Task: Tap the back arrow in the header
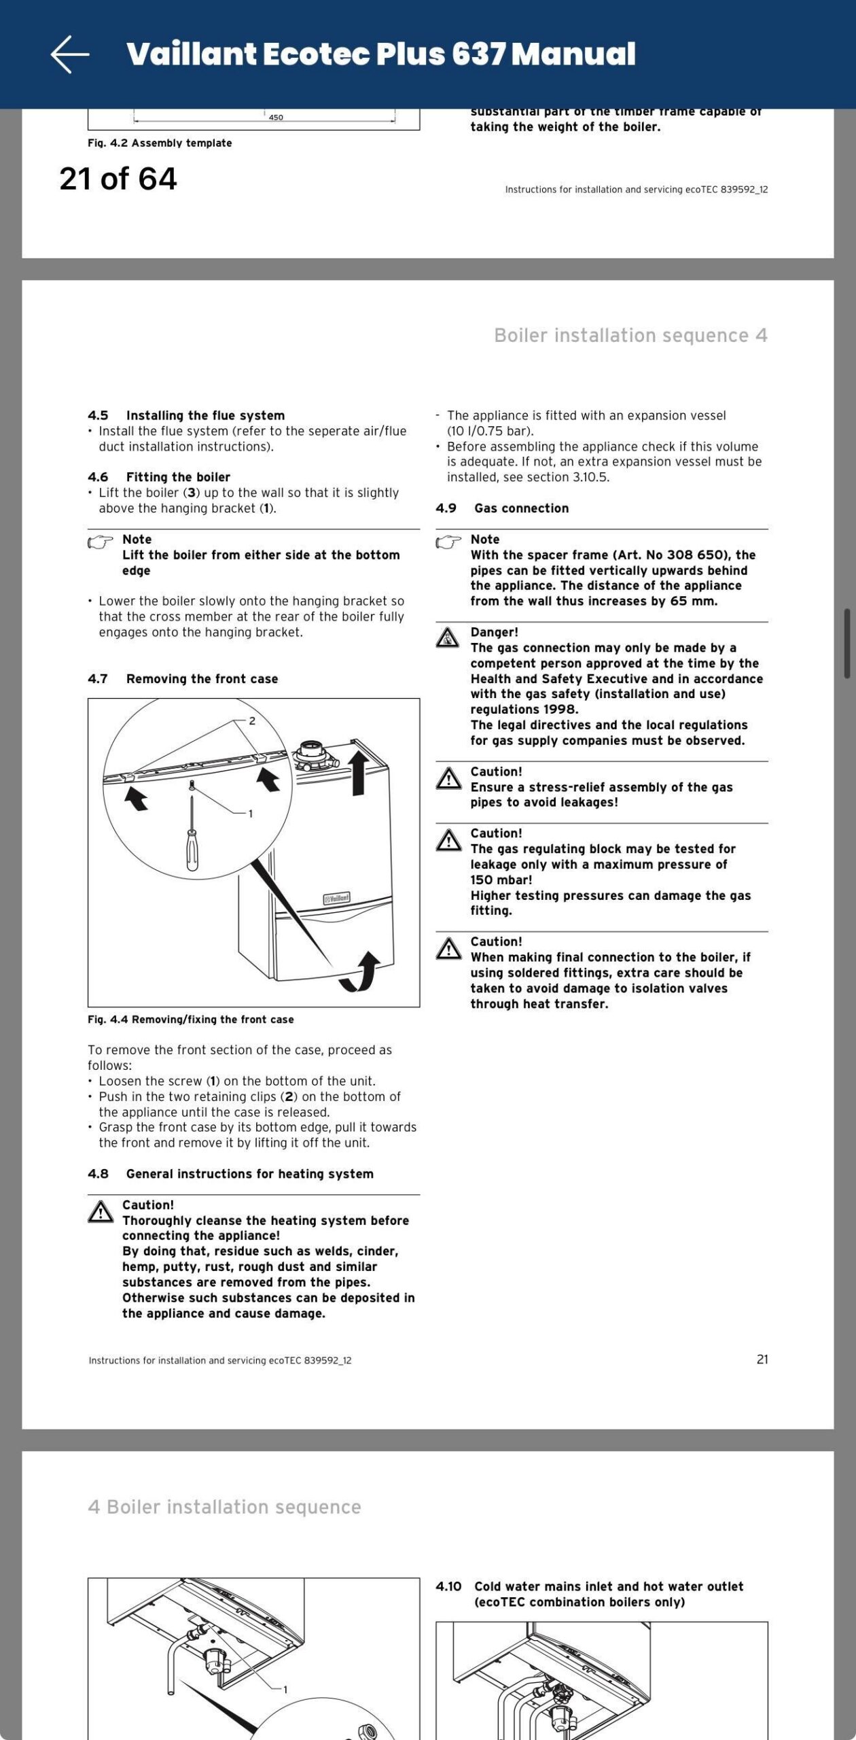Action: pos(70,54)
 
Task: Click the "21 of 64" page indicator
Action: pos(118,179)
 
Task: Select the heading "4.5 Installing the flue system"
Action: pos(186,415)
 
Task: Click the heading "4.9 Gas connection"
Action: pos(502,508)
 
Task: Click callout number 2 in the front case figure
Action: pos(252,720)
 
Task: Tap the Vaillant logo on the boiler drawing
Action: pos(337,898)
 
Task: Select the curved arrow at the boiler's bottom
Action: pos(361,972)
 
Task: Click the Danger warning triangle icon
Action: pos(448,638)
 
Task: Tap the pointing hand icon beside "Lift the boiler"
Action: pos(101,542)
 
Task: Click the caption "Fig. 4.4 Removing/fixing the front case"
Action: pos(191,1020)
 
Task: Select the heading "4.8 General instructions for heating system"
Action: pos(231,1174)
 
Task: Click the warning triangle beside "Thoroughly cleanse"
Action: pos(101,1212)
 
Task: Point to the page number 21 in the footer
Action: pos(762,1359)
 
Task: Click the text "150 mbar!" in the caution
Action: pos(501,880)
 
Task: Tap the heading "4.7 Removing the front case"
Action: pos(183,678)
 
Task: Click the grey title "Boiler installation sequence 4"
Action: pos(630,335)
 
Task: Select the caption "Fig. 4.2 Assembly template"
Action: pos(160,143)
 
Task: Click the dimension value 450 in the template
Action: pos(276,117)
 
